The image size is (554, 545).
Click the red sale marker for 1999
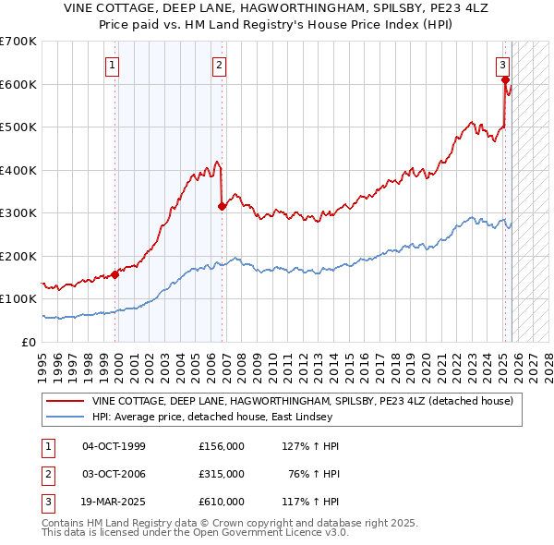pyautogui.click(x=115, y=274)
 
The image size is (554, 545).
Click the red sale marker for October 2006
pyautogui.click(x=223, y=206)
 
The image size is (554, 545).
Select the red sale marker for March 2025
pyautogui.click(x=505, y=80)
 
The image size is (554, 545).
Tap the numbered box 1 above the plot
pyautogui.click(x=112, y=65)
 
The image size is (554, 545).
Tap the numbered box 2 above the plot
pyautogui.click(x=219, y=65)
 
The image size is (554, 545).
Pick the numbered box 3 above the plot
pyautogui.click(x=502, y=65)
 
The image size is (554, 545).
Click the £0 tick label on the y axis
pyautogui.click(x=30, y=342)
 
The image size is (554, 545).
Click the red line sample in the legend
pyautogui.click(x=66, y=401)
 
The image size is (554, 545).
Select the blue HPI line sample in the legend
pyautogui.click(x=66, y=417)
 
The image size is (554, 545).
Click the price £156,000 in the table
pyautogui.click(x=222, y=446)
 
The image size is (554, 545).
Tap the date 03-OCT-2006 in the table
pyautogui.click(x=114, y=474)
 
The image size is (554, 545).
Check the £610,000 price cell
pyautogui.click(x=222, y=502)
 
